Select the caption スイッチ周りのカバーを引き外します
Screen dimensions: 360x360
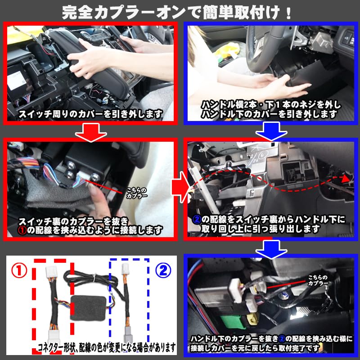coord(90,114)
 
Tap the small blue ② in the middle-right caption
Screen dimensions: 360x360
coord(197,219)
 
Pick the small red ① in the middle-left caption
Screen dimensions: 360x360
coord(23,230)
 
